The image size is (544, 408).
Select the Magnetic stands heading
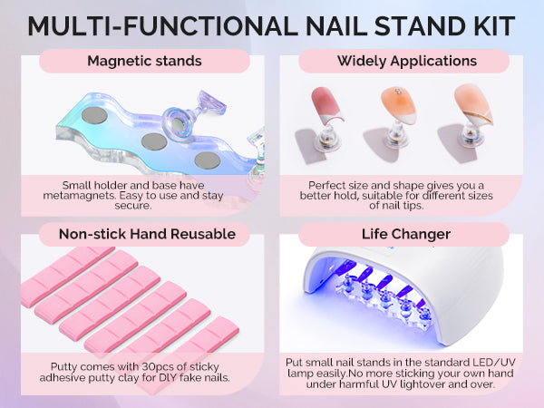point(144,61)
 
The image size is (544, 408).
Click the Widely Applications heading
point(407,61)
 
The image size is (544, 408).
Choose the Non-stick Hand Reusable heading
point(147,234)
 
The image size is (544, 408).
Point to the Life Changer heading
point(406,234)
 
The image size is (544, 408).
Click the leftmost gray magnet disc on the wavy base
point(94,115)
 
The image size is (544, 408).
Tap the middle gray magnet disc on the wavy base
point(154,141)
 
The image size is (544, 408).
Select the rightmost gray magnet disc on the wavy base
point(208,160)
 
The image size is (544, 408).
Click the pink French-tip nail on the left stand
point(325,106)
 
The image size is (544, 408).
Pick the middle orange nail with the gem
point(399,105)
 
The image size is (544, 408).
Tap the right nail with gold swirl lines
point(474,103)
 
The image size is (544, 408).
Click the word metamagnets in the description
point(78,195)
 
